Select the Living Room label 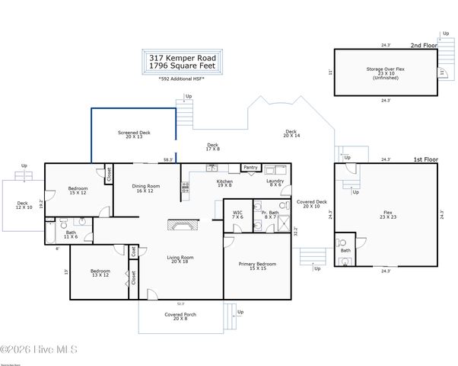(180, 259)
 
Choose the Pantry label (250, 167)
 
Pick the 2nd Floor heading (424, 46)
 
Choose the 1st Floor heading (424, 159)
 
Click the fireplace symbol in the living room (183, 226)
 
